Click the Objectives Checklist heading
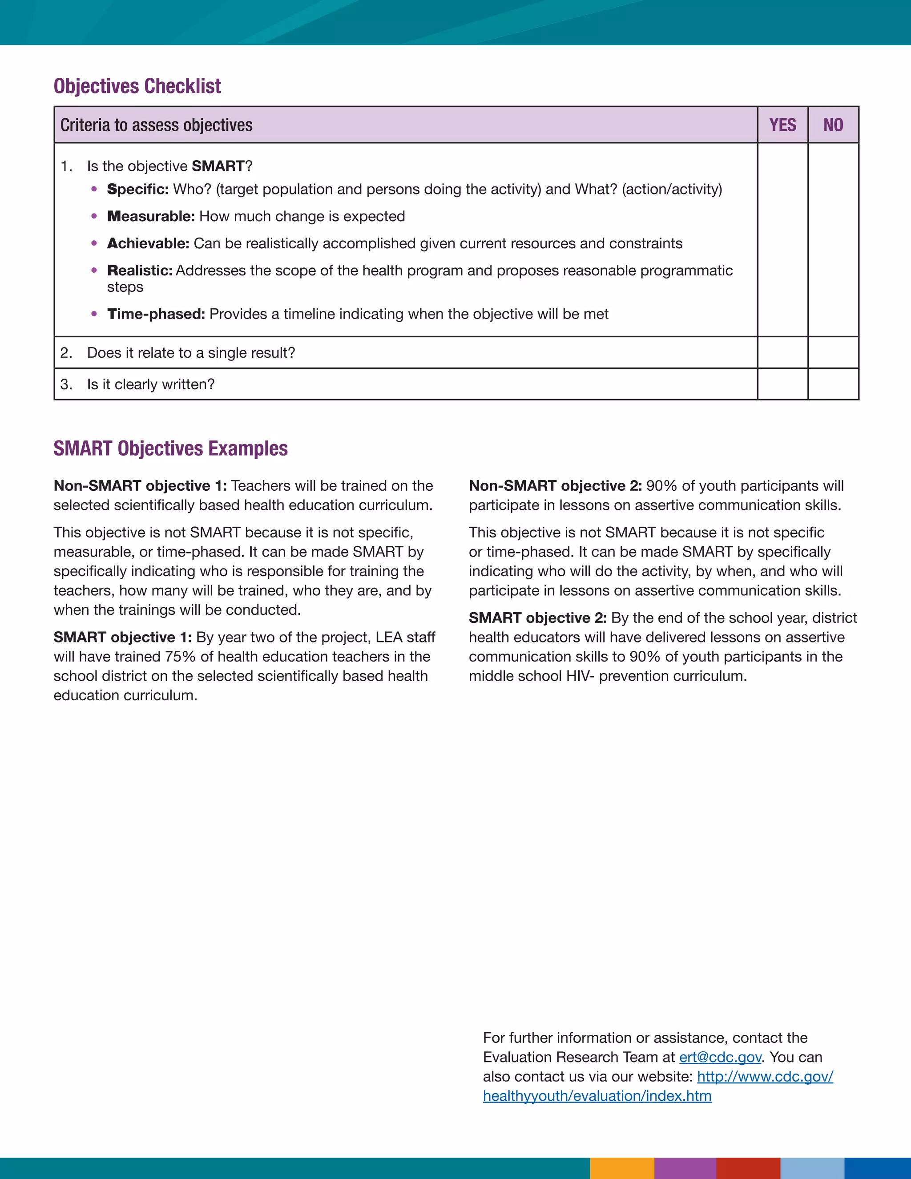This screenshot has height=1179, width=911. coord(137,86)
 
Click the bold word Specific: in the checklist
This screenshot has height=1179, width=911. coord(137,190)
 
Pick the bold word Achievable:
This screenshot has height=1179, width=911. coord(148,243)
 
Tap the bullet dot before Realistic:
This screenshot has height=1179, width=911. coord(94,271)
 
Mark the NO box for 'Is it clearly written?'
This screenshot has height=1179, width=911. coord(833,384)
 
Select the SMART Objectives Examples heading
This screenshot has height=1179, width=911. coord(170,448)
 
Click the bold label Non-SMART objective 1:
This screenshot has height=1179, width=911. coord(140,486)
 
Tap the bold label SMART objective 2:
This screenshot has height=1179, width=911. coord(537,618)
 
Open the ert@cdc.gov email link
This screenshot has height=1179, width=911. coord(720,1057)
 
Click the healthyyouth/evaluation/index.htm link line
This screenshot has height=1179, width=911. coord(597,1096)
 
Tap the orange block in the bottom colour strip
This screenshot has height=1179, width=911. coord(622,1168)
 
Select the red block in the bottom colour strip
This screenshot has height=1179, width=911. coord(748,1168)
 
